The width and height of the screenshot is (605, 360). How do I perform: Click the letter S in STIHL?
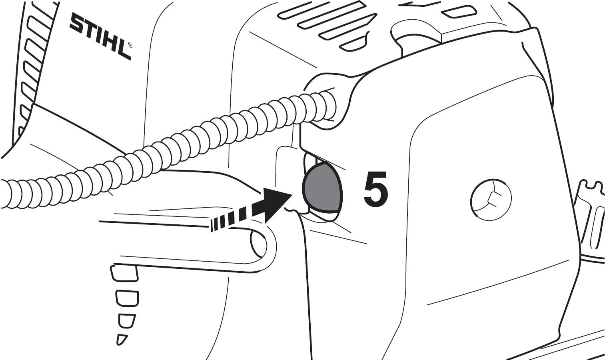click(77, 23)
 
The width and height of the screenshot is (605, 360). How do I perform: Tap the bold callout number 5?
click(375, 189)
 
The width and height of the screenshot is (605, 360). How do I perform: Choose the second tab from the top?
click(127, 297)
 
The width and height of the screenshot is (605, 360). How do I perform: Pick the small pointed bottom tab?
click(121, 339)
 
